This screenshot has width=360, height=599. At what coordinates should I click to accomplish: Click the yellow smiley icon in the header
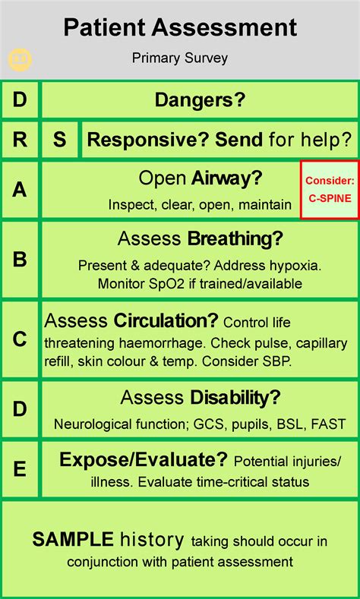(x=20, y=59)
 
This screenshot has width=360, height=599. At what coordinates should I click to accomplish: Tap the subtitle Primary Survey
(x=179, y=58)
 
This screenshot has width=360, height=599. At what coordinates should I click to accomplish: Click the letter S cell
(x=59, y=140)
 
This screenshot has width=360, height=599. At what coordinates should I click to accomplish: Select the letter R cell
(x=20, y=140)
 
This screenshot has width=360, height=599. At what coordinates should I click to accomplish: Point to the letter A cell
(x=20, y=190)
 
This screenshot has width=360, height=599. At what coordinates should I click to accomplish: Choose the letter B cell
(x=20, y=260)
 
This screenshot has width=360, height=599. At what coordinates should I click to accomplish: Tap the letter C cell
(x=20, y=339)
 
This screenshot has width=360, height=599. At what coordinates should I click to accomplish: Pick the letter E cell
(x=20, y=469)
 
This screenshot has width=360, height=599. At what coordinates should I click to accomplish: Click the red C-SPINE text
(x=330, y=199)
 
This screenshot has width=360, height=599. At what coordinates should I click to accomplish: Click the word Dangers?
(x=200, y=100)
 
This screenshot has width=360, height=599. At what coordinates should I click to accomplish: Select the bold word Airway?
(x=227, y=178)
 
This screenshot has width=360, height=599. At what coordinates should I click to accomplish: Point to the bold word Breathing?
(x=235, y=239)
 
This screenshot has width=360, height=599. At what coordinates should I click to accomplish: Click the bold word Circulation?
(x=166, y=321)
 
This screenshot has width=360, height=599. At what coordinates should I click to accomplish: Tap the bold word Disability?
(x=235, y=398)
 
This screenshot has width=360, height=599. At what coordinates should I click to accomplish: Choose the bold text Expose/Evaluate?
(x=144, y=460)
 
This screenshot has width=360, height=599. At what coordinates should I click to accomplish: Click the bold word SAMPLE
(x=73, y=539)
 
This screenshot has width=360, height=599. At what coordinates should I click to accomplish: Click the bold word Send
(x=238, y=140)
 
